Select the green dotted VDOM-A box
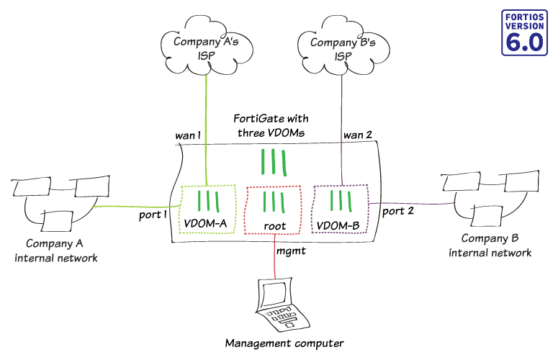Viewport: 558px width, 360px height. (x=207, y=209)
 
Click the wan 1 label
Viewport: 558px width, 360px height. (x=190, y=135)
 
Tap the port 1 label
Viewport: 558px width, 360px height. (x=152, y=215)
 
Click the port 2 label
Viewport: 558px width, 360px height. (x=397, y=212)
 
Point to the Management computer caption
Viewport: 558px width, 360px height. (x=274, y=344)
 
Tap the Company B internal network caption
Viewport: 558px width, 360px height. (x=490, y=246)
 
